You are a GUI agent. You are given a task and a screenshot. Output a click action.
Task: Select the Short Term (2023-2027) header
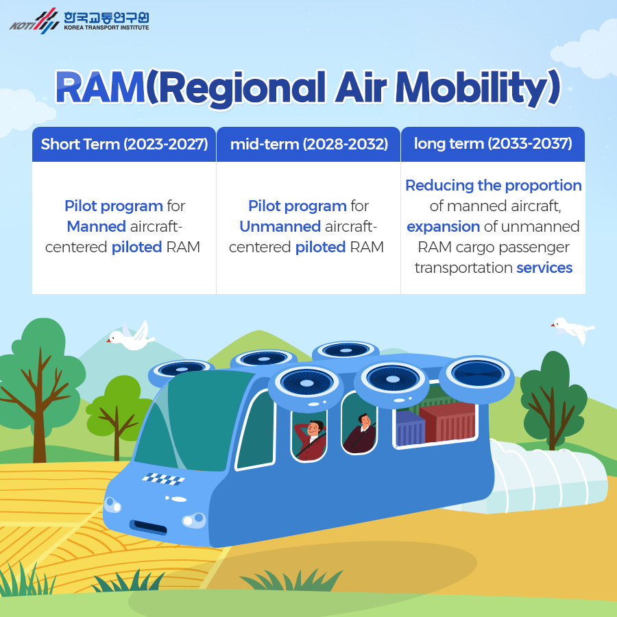click(x=124, y=144)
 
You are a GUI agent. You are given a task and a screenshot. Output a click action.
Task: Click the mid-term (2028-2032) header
click(x=309, y=144)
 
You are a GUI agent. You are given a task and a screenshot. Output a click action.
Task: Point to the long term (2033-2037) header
click(x=493, y=143)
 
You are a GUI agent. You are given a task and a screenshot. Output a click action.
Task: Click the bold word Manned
click(x=97, y=226)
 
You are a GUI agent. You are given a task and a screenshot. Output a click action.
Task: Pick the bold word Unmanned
click(x=280, y=226)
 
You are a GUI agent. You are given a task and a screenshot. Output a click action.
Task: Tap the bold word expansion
click(x=443, y=227)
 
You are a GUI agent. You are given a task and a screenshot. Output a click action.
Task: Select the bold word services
click(x=544, y=267)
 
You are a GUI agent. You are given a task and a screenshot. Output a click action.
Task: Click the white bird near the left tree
click(x=131, y=336)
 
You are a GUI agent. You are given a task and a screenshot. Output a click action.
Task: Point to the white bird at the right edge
click(x=573, y=329)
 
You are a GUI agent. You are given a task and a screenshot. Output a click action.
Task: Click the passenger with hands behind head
click(x=311, y=439)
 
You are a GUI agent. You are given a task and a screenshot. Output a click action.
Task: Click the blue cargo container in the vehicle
click(x=410, y=429)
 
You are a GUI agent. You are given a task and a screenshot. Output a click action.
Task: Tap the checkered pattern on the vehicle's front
click(x=163, y=479)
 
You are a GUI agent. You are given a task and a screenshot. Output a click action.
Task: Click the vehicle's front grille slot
click(x=148, y=527)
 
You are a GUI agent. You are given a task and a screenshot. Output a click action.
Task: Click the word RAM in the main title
click(x=100, y=88)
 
